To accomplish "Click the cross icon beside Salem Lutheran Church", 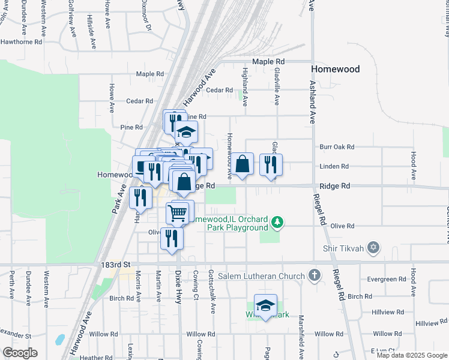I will (x=313, y=275).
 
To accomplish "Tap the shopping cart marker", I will (x=178, y=212).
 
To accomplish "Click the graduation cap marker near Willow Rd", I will (x=265, y=306).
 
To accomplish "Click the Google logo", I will (x=20, y=353).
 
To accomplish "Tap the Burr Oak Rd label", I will (x=337, y=146).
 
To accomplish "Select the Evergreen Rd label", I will (x=387, y=279).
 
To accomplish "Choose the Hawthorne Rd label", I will (x=21, y=42).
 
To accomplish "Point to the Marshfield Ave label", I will (x=301, y=333).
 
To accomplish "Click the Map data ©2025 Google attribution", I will (x=411, y=355).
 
